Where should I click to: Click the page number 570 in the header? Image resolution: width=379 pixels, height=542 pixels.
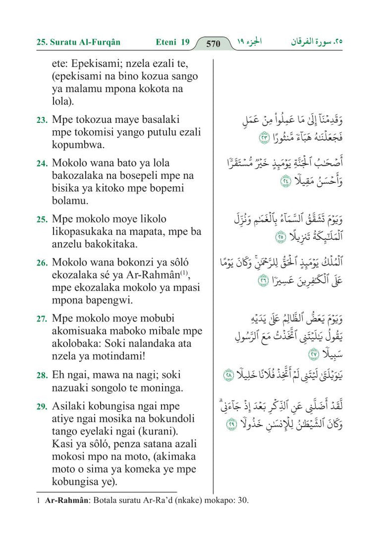point(213,43)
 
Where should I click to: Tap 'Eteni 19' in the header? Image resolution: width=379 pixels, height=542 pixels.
point(173,42)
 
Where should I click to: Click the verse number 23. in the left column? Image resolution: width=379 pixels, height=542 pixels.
point(42,121)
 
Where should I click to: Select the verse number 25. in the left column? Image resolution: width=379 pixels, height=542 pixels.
point(42,220)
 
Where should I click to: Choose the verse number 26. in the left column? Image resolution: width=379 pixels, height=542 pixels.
point(42,263)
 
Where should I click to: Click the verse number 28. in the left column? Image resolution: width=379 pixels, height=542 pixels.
point(42,376)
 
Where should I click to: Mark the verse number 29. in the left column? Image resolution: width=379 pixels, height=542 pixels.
point(42,407)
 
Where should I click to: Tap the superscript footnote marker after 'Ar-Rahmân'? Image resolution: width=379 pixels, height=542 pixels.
point(185,273)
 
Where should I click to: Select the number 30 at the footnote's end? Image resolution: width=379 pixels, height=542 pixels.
point(241,500)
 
